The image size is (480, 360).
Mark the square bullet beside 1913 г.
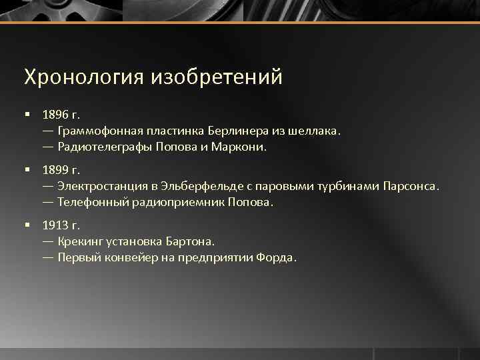point(27,225)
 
